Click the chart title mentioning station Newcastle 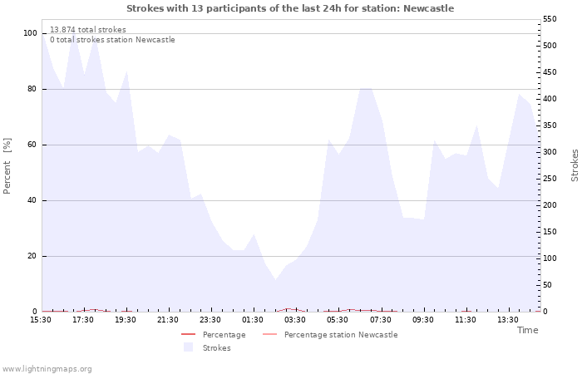click(x=290, y=8)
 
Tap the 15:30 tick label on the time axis click(x=41, y=320)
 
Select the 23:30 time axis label click(x=210, y=320)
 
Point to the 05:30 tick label click(x=338, y=320)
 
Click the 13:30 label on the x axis click(x=507, y=320)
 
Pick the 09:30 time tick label click(x=422, y=320)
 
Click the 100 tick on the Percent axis click(x=31, y=33)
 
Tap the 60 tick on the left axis click(x=32, y=145)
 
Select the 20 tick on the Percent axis click(x=32, y=256)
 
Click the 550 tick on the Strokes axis click(x=550, y=18)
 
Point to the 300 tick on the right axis click(x=550, y=152)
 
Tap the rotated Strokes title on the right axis click(x=575, y=165)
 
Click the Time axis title click(x=527, y=330)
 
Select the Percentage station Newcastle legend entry click(x=341, y=335)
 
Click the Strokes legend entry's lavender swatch click(x=188, y=347)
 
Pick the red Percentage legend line click(x=188, y=335)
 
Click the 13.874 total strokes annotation click(x=88, y=30)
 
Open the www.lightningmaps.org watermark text click(x=47, y=368)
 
